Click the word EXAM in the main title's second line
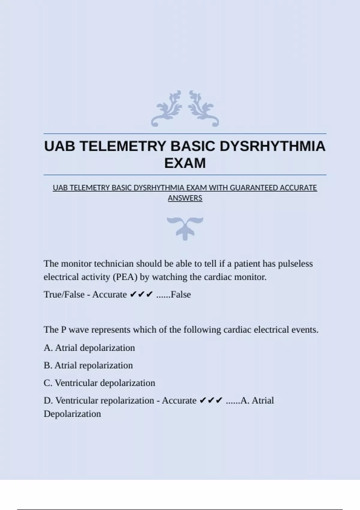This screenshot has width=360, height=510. tap(185, 163)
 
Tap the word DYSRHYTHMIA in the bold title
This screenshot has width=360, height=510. tap(272, 146)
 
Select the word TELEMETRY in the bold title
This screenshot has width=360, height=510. tap(124, 146)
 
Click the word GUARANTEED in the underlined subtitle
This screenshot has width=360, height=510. tap(254, 188)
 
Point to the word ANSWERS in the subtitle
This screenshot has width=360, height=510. tap(185, 198)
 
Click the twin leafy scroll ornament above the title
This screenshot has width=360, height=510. tap(185, 109)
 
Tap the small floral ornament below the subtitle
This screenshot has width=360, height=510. tap(185, 228)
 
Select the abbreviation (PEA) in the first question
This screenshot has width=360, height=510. tap(125, 277)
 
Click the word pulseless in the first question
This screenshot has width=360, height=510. tap(295, 264)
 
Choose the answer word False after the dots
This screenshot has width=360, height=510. tap(181, 295)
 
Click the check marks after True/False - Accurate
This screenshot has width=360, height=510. tap(141, 295)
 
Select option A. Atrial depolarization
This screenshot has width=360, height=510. tap(89, 348)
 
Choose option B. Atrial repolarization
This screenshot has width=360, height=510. tap(88, 365)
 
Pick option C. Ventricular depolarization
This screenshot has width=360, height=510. tap(99, 383)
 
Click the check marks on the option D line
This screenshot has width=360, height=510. tap(211, 400)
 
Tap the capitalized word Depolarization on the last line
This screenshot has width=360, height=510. tap(72, 414)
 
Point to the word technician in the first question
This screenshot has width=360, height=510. tap(114, 264)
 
